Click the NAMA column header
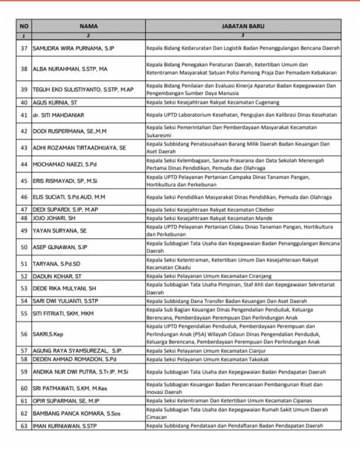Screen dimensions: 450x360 (88, 26)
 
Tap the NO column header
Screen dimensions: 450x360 (23, 26)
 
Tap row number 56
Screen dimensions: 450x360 (24, 334)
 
